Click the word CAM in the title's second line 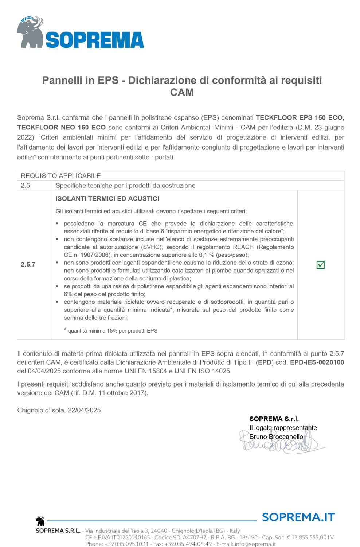(182, 93)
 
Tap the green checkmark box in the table (321, 265)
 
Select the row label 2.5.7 (28, 264)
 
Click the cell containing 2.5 (26, 186)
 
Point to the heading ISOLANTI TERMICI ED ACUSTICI (107, 199)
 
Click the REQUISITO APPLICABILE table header (61, 176)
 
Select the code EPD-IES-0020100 (317, 362)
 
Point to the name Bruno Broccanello (276, 437)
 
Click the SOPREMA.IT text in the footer (298, 517)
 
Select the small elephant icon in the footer (40, 521)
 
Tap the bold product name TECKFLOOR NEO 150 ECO (62, 128)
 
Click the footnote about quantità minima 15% (111, 331)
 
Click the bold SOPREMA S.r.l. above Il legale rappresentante (274, 419)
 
